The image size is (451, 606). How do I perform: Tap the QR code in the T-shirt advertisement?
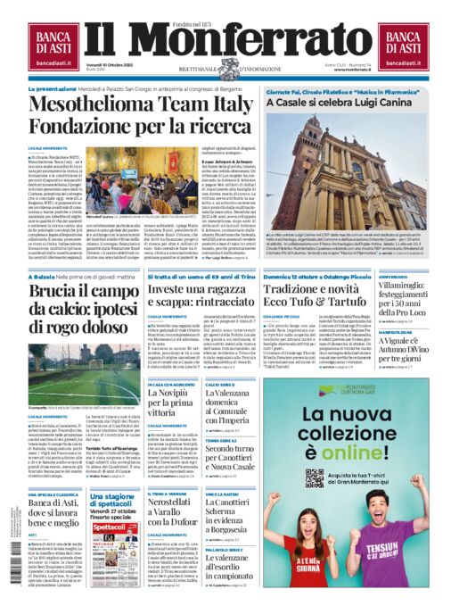pyautogui.click(x=315, y=476)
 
